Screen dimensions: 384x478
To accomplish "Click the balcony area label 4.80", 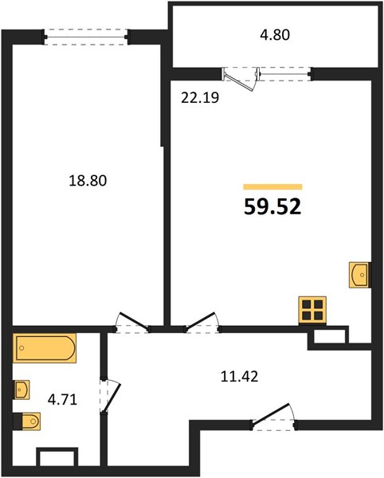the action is click(275, 35).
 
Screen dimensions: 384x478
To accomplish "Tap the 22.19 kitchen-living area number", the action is click(200, 98).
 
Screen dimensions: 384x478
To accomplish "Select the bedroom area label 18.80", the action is click(88, 181).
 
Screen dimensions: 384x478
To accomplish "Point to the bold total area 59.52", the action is click(272, 206).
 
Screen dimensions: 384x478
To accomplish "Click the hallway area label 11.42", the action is click(239, 377).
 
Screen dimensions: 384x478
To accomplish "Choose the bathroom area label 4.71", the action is click(62, 399).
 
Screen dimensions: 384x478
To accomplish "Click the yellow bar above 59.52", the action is click(272, 187).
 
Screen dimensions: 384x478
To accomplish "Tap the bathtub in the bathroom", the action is click(45, 348).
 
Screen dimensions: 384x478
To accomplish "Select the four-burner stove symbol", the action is click(312, 309).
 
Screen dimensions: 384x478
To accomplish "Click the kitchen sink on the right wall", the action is click(359, 275).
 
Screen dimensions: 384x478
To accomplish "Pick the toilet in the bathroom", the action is click(27, 421).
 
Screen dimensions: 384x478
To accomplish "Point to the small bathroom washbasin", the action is click(22, 390).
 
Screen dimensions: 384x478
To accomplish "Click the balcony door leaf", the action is click(239, 80).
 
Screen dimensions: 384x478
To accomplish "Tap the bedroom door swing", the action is click(133, 321).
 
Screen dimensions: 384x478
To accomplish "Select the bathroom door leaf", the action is click(112, 397).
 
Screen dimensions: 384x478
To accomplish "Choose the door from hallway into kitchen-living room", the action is click(201, 321).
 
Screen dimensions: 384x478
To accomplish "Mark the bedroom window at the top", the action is click(86, 37).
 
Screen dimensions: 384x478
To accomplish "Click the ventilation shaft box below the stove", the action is click(328, 338).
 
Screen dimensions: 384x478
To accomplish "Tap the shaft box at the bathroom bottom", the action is click(57, 457).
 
